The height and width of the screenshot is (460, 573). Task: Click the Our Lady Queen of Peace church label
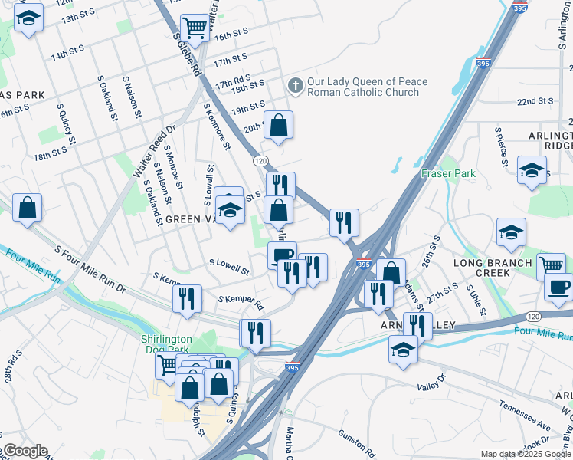coord(367,87)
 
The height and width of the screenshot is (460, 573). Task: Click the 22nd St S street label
coord(535,101)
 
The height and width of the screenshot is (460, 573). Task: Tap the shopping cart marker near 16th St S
coord(195,28)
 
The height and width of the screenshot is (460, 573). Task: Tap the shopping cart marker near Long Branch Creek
coord(550,265)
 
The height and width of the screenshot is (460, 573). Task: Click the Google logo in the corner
coord(25,451)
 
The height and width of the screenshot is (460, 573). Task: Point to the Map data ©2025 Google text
coord(525,454)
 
